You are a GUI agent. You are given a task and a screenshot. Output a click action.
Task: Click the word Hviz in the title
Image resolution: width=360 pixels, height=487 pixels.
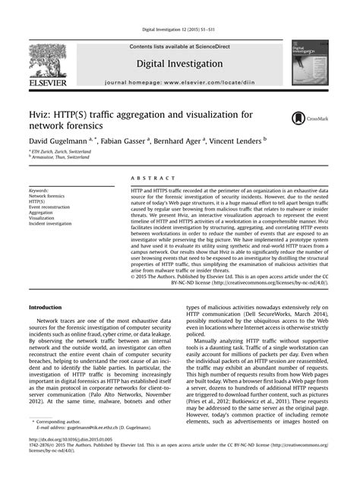coord(41,115)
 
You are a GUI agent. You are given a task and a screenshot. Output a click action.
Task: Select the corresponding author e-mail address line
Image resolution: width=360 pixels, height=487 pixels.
coord(98,449)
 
